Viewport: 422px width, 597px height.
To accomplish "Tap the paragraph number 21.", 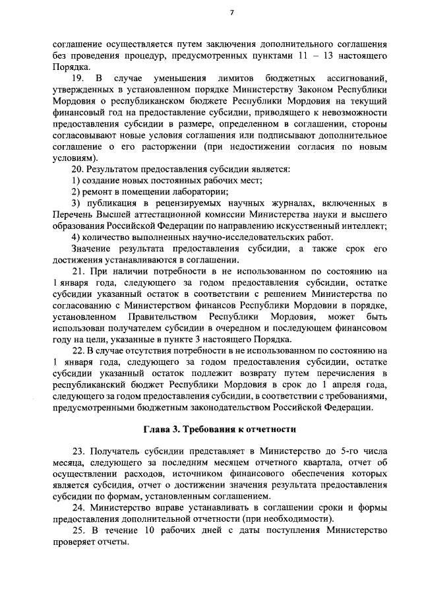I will [x=78, y=271].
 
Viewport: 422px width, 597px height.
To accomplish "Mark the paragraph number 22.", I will [x=78, y=350].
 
